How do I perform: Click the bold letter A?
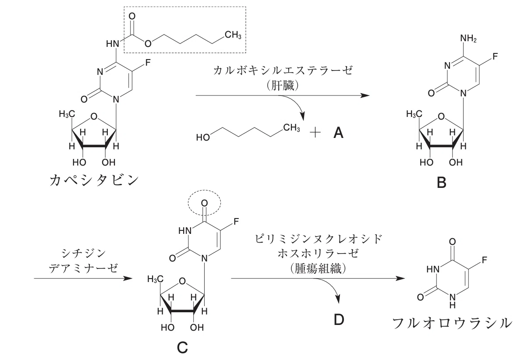click(x=339, y=133)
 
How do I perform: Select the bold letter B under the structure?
click(x=442, y=183)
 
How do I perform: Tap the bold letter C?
click(x=182, y=348)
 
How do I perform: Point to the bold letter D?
click(x=339, y=320)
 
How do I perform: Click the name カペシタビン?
click(x=94, y=180)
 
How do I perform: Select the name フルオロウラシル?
click(x=452, y=323)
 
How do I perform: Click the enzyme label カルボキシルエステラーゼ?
click(x=283, y=71)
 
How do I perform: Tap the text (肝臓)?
click(x=283, y=85)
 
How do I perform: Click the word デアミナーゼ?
click(x=83, y=268)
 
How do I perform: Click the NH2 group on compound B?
click(x=468, y=39)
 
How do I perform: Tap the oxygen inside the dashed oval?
click(x=204, y=203)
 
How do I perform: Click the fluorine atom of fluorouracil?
click(x=485, y=260)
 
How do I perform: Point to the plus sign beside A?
click(x=315, y=133)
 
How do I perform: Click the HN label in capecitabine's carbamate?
click(x=113, y=44)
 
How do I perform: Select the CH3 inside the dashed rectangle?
click(x=233, y=35)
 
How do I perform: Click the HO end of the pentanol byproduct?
click(x=203, y=137)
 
